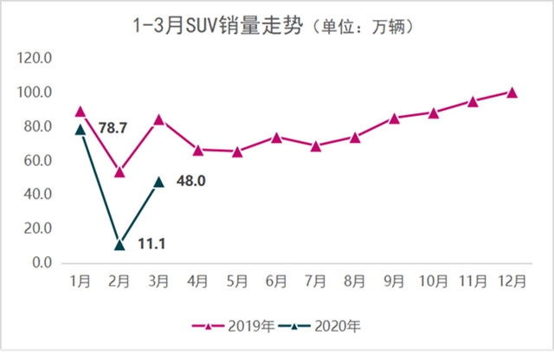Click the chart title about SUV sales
coord(277,28)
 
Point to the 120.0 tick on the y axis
coord(36,59)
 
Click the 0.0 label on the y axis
coord(43,263)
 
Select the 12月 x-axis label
coord(512,283)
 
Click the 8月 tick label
coord(355,283)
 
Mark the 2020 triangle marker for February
coord(119,245)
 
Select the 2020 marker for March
coord(158,182)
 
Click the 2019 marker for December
coord(512,92)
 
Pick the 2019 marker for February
coord(119,172)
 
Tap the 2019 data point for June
coord(276,137)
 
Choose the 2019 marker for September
coord(394,118)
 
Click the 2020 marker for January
coord(81,129)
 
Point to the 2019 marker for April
coord(198,150)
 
